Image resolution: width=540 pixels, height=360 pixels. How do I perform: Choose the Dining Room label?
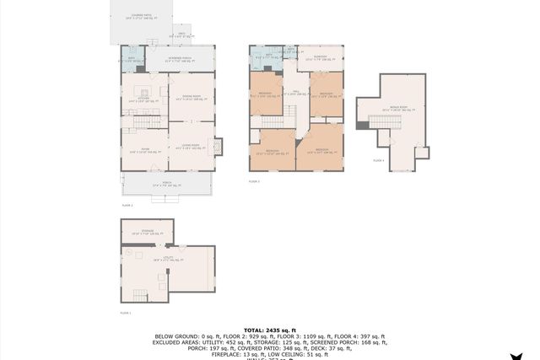192,97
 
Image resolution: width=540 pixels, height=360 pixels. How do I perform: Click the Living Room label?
191,147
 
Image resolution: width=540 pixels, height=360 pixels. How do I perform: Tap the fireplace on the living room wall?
218,147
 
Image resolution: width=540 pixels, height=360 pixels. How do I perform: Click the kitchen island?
145,91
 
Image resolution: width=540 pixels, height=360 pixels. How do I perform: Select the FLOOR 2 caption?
127,205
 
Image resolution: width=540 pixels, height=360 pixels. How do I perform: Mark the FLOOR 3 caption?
254,181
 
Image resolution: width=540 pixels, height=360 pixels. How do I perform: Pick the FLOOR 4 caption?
379,160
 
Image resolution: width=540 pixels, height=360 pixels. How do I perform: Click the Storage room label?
148,233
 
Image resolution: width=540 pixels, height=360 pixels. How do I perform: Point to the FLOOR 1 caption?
126,313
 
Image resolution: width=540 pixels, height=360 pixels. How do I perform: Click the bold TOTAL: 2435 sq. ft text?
269,329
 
